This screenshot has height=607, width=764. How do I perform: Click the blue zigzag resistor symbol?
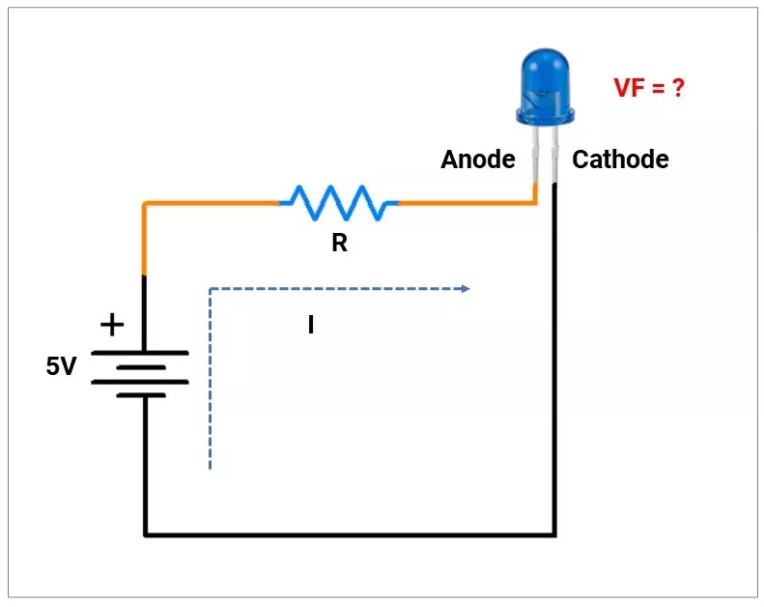[339, 203]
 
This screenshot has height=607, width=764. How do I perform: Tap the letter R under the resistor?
[339, 244]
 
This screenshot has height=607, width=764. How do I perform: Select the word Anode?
[478, 159]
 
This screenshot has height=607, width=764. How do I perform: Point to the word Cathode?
[620, 159]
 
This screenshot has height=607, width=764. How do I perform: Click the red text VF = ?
[649, 88]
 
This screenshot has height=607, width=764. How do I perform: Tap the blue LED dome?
[546, 87]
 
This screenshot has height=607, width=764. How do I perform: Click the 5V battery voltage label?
[61, 366]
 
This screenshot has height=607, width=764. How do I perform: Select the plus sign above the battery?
[113, 325]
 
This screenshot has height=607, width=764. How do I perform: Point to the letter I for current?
[311, 326]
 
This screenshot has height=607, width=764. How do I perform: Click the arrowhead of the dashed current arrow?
[466, 289]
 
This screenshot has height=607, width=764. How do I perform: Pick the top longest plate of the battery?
[140, 353]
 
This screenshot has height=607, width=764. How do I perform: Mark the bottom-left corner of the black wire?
[145, 534]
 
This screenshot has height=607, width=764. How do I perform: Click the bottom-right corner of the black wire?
[555, 534]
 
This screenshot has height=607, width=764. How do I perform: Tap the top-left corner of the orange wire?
[145, 204]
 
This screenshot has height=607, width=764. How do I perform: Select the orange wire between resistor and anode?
[464, 204]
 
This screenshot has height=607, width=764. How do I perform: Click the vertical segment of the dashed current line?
[210, 387]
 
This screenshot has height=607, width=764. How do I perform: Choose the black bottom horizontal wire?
[348, 534]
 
